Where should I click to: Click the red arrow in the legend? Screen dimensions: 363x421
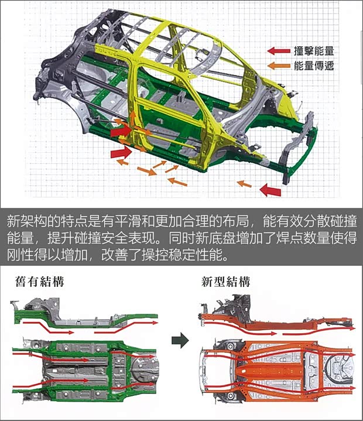click(279, 51)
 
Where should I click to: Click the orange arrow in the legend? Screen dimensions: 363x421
click(279, 66)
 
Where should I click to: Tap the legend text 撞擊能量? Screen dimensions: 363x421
click(314, 51)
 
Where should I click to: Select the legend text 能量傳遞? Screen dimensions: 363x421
click(314, 66)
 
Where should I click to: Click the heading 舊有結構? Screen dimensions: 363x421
click(39, 282)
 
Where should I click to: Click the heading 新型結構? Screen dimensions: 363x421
click(225, 282)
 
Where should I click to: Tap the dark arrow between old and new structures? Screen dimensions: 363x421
click(180, 340)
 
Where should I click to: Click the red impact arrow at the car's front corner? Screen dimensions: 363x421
click(270, 190)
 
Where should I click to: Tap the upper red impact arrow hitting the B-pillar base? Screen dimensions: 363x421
click(121, 131)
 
